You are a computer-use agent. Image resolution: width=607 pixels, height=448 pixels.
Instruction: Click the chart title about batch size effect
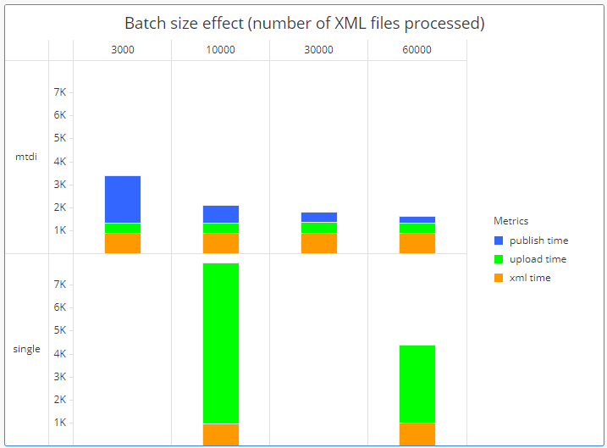(304, 24)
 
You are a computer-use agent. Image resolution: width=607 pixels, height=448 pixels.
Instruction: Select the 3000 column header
(123, 50)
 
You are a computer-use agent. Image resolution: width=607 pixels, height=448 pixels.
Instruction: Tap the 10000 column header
(221, 50)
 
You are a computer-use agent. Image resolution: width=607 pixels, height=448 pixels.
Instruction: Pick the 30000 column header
(319, 50)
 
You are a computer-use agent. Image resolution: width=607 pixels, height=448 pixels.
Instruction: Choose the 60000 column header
(417, 50)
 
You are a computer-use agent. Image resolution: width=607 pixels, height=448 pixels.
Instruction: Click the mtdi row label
(26, 157)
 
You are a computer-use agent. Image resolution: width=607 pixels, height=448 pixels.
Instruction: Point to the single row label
(26, 349)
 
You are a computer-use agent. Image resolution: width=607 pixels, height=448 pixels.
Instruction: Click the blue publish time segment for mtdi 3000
(123, 199)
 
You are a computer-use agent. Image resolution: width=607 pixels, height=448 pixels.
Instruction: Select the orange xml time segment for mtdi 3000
(123, 243)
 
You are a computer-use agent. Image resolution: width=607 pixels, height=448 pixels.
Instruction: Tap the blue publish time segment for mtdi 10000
(221, 214)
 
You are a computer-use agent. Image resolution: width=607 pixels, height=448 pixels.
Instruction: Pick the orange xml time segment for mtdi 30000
(319, 243)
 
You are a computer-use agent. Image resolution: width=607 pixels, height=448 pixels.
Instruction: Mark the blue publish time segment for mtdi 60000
(417, 220)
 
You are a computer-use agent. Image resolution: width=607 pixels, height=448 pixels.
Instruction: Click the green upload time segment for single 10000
(221, 343)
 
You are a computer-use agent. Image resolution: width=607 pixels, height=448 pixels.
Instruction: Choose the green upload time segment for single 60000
(417, 384)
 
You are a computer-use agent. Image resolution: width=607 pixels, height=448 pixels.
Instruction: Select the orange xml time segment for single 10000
(221, 434)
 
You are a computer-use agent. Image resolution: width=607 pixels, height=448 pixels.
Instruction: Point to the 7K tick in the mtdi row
(60, 91)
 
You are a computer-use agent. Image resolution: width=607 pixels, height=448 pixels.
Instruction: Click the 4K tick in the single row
(60, 354)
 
